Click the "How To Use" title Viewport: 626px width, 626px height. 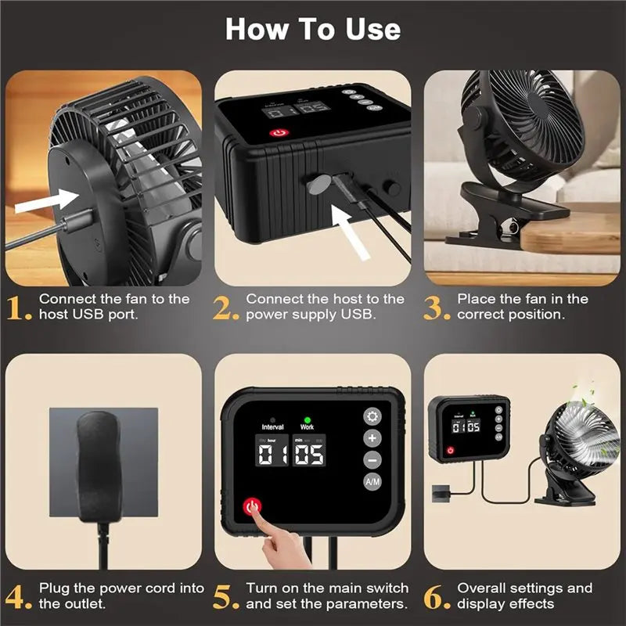(313, 30)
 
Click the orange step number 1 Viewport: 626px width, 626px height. (19, 308)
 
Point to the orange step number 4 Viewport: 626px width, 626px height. (19, 596)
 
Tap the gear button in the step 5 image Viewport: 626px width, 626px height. (373, 416)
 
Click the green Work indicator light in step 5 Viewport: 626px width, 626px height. (307, 418)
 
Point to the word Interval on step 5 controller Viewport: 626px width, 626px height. (272, 427)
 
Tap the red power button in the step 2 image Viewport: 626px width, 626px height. (278, 133)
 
